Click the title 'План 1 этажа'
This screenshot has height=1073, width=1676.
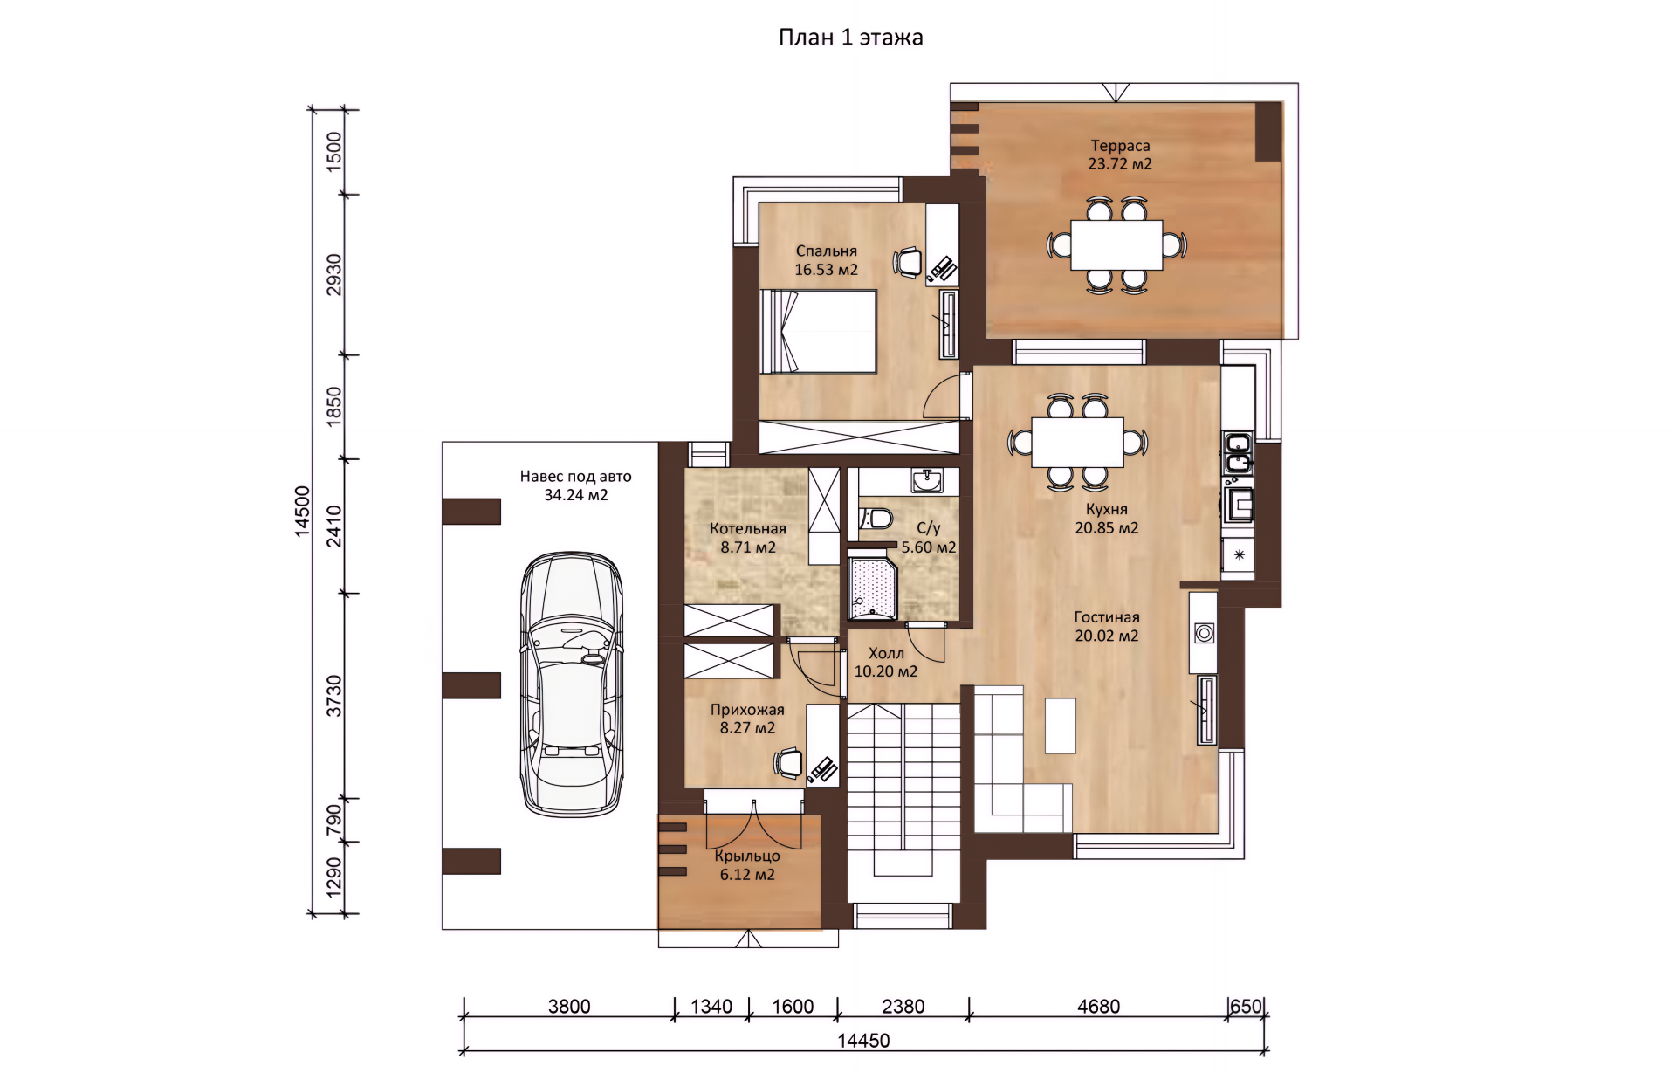tap(850, 38)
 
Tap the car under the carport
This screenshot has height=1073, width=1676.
tap(572, 684)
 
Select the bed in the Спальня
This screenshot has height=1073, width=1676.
tap(818, 332)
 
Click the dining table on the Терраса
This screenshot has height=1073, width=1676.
tap(1116, 244)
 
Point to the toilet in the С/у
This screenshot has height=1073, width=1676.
tap(876, 519)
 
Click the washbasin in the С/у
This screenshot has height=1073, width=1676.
tap(926, 480)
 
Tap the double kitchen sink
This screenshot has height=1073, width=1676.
tap(1238, 452)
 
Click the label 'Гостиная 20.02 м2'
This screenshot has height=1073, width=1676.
tap(1106, 627)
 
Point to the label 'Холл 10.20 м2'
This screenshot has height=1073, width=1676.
tap(886, 663)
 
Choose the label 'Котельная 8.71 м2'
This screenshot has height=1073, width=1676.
tap(748, 538)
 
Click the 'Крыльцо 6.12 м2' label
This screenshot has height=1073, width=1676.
tap(747, 865)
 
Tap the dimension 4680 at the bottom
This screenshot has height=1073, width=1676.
tap(1098, 1007)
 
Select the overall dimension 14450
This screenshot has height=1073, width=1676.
tap(863, 1041)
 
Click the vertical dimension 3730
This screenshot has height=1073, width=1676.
tap(334, 696)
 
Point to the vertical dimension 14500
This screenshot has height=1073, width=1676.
tap(301, 511)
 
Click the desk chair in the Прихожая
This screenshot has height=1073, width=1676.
tap(788, 763)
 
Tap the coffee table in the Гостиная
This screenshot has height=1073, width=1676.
tap(1061, 726)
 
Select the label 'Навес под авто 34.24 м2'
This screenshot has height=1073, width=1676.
tap(575, 485)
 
